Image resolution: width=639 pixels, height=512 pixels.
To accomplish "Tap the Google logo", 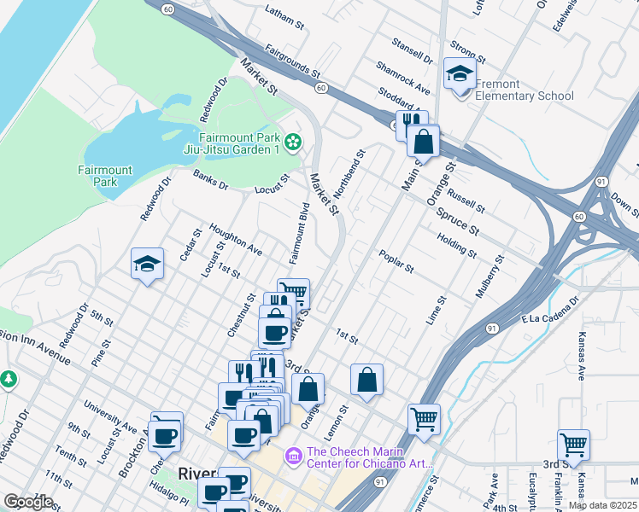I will pos(28,502).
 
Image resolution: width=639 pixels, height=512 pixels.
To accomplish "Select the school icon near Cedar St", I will pos(147,265).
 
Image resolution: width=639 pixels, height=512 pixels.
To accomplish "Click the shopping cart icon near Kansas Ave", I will pos(573,444).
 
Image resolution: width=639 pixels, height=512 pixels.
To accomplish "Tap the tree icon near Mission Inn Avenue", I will pos(8,377).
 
